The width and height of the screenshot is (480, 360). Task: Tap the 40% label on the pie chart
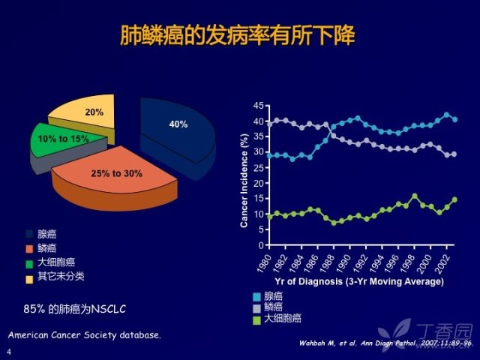tap(178, 124)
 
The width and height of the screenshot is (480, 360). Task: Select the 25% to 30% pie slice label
tap(116, 174)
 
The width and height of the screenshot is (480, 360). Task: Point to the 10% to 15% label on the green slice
tap(64, 139)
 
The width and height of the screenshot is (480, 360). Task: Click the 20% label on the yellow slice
tap(94, 112)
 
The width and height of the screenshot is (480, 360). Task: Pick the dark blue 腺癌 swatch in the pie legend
tap(30, 234)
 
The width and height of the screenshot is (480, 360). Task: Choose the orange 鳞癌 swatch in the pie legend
tap(30, 248)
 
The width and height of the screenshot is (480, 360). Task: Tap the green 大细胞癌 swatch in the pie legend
tap(30, 262)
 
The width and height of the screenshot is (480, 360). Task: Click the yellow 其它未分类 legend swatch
tap(30, 277)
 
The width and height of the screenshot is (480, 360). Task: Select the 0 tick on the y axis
tap(260, 245)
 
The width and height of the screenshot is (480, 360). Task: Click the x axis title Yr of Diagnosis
tap(360, 282)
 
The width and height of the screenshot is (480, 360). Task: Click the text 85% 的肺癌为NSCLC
tap(75, 308)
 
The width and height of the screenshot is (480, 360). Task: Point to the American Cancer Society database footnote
tap(84, 334)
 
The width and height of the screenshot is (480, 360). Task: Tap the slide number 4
tap(9, 352)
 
